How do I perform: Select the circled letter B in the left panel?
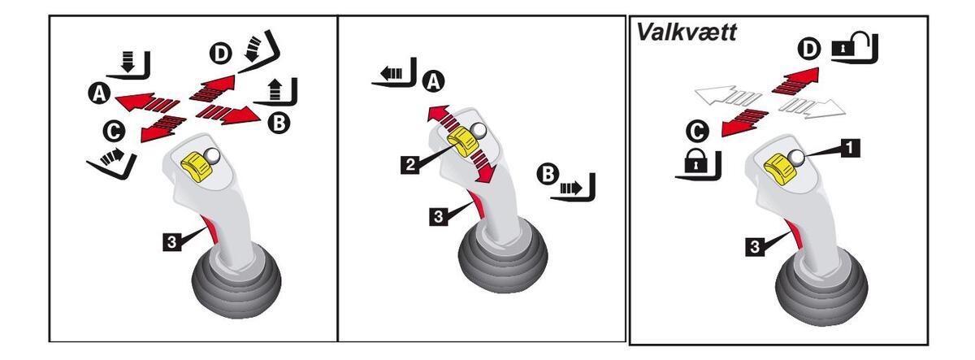[278, 122]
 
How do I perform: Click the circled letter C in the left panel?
[114, 130]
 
